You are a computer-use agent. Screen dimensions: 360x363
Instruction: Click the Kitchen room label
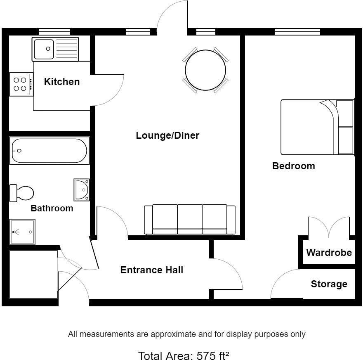[x=62, y=82]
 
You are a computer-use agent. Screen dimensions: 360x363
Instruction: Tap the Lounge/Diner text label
[x=167, y=135]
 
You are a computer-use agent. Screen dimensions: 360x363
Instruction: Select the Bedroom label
[x=293, y=166]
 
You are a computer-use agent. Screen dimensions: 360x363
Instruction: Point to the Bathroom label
[x=52, y=208]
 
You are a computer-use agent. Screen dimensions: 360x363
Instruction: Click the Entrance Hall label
[x=151, y=270]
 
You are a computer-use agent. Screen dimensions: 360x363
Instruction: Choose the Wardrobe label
[x=329, y=252]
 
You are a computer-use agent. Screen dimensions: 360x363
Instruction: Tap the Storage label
[x=329, y=284]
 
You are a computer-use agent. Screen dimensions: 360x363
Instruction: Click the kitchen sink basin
[x=45, y=49]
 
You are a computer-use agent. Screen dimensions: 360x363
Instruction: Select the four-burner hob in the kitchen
[x=20, y=84]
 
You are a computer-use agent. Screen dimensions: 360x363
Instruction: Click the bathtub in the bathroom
[x=49, y=151]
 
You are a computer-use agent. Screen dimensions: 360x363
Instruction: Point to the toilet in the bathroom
[x=22, y=193]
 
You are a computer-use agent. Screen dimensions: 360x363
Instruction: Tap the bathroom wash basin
[x=82, y=190]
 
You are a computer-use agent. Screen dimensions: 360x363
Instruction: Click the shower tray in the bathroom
[x=22, y=232]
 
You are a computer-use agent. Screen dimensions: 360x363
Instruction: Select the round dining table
[x=205, y=70]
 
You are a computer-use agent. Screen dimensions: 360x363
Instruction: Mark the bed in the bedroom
[x=317, y=127]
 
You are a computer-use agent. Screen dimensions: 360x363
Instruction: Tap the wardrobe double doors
[x=329, y=227]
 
